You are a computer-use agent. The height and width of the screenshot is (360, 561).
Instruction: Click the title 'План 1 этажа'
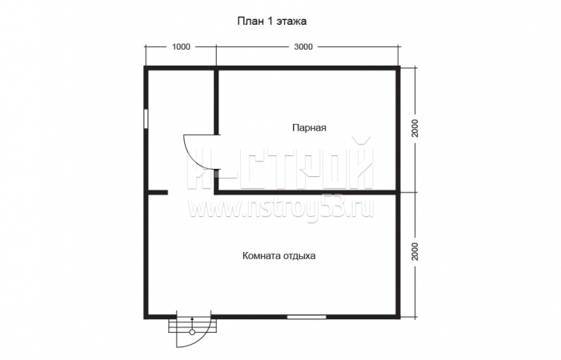(x=272, y=21)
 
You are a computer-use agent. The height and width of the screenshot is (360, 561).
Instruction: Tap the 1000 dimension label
(x=181, y=47)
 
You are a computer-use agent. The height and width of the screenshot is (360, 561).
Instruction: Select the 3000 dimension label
(x=303, y=47)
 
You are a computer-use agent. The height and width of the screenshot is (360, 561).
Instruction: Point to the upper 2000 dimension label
(x=415, y=128)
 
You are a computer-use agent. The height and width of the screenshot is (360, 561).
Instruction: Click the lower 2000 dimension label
(x=415, y=251)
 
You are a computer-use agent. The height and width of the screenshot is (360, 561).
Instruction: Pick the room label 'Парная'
(x=310, y=128)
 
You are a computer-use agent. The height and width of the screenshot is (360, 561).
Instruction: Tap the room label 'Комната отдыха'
(x=279, y=256)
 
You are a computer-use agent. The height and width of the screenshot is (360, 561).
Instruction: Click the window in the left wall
(x=146, y=118)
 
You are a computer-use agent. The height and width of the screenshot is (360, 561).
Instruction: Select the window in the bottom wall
(x=307, y=317)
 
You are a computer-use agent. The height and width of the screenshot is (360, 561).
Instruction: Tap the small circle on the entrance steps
(x=192, y=332)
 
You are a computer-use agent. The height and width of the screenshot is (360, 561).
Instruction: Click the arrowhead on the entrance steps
(x=192, y=318)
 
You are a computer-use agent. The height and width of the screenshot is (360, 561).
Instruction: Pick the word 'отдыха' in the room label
(x=299, y=256)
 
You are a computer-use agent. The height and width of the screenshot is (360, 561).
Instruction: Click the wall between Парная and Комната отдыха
(x=307, y=192)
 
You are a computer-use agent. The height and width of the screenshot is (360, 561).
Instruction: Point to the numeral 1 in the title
(x=270, y=21)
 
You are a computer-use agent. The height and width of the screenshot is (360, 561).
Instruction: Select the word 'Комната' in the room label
(x=262, y=256)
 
